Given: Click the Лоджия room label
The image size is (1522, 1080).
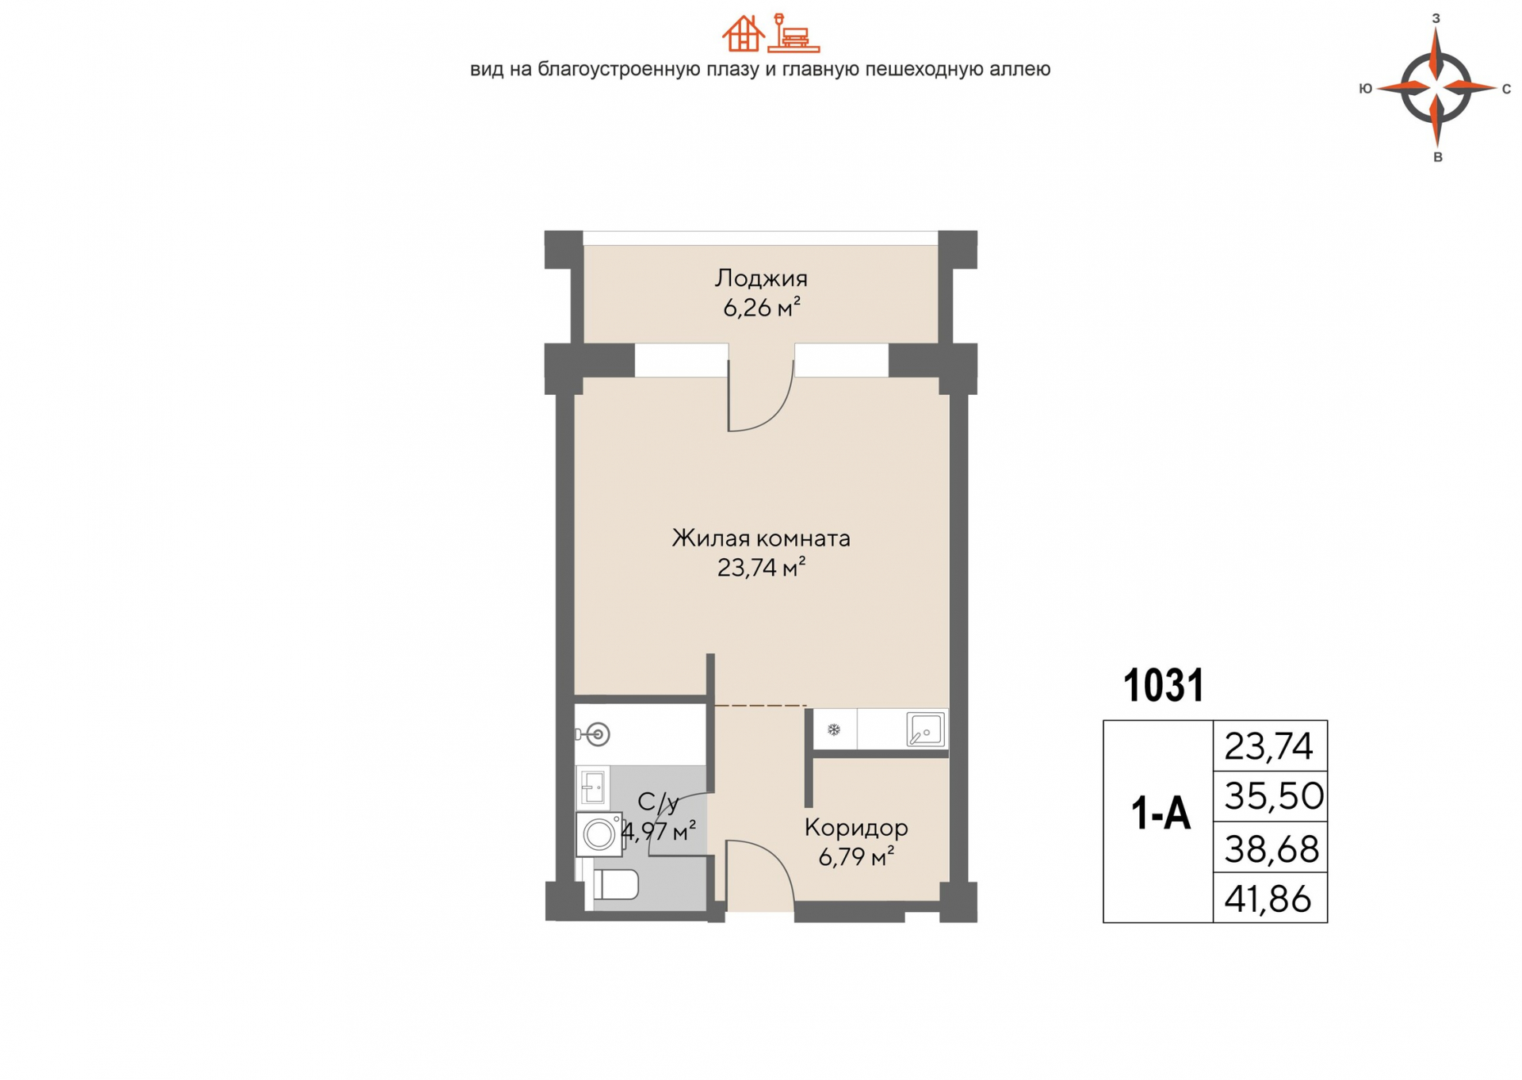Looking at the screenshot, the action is (x=761, y=278).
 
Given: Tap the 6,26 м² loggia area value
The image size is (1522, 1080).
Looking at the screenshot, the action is (x=761, y=306).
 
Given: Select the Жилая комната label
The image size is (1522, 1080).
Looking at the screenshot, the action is (x=761, y=538).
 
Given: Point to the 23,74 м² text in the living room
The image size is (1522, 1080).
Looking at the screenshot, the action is (x=761, y=567).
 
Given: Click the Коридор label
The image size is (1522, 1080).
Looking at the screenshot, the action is (x=856, y=828).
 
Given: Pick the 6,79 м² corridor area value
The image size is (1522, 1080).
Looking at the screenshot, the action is (x=856, y=856).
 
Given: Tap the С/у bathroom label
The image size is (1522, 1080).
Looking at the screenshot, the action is (x=658, y=802).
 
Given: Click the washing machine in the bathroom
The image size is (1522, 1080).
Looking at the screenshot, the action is (x=599, y=834).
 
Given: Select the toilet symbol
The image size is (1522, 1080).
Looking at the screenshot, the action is (x=615, y=884).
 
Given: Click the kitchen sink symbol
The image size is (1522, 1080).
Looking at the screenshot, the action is (x=926, y=730).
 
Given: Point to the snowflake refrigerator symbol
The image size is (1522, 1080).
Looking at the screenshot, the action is (x=833, y=730).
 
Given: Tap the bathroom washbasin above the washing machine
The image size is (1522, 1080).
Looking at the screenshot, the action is (x=592, y=787).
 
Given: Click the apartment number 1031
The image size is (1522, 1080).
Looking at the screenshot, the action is (x=1164, y=685).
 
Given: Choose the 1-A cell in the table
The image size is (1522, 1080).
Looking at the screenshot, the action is (x=1160, y=814).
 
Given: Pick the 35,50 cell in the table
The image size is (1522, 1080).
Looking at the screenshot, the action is (x=1271, y=796).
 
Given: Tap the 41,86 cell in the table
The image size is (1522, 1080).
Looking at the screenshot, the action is (x=1271, y=898).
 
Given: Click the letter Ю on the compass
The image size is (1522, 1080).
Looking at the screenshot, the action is (x=1365, y=89).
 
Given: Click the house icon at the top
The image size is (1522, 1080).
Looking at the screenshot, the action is (x=743, y=33).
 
